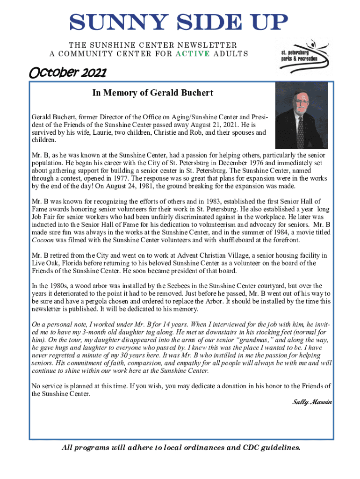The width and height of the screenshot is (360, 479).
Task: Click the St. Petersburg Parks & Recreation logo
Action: click(x=304, y=57)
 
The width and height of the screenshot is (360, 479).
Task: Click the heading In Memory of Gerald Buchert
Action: click(x=152, y=93)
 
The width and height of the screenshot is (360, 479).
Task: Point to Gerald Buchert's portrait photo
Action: click(x=301, y=116)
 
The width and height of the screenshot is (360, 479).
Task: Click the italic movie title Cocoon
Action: click(x=45, y=240)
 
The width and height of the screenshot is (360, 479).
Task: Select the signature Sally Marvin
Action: click(x=312, y=402)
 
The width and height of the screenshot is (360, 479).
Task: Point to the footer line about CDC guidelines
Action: click(x=180, y=448)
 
